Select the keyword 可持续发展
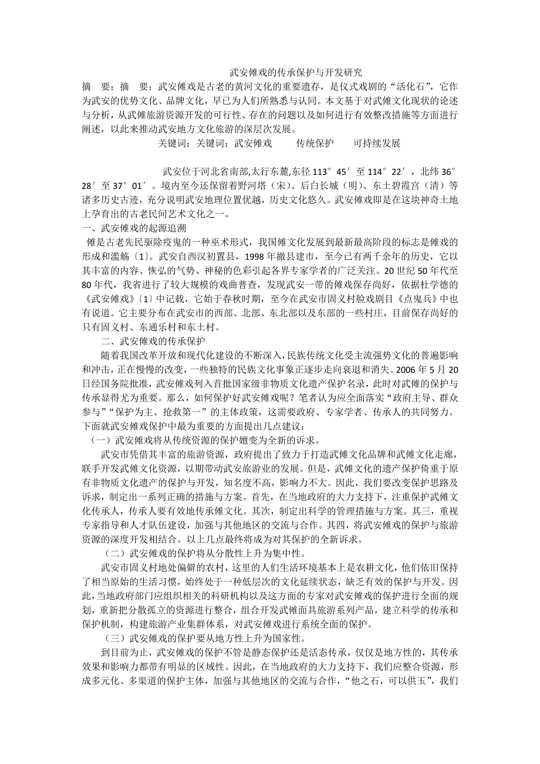click(377, 143)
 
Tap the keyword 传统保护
click(315, 143)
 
